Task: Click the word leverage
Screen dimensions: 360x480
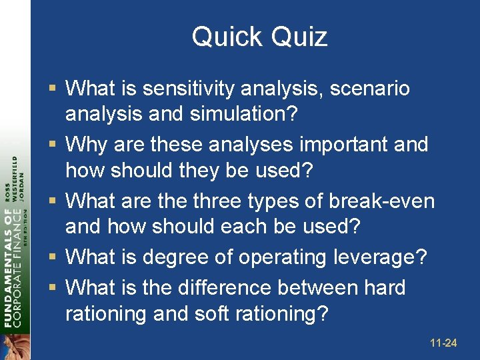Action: coord(389,257)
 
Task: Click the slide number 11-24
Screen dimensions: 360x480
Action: coord(443,343)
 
